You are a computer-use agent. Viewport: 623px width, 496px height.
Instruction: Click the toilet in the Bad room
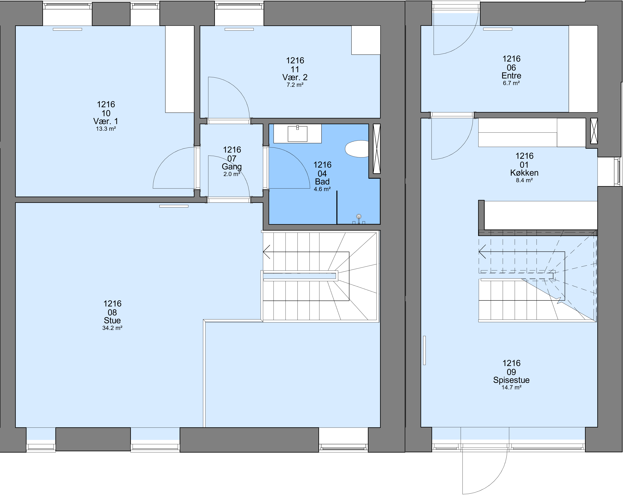tap(357, 149)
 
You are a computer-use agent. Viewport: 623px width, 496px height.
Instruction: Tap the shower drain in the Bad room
tap(359, 216)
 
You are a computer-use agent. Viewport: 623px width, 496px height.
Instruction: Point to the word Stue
tap(112, 321)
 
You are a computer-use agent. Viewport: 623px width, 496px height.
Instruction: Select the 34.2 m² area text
tap(112, 328)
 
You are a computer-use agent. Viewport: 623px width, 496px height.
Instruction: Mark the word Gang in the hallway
tap(232, 167)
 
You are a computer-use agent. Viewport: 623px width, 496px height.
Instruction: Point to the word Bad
tap(322, 182)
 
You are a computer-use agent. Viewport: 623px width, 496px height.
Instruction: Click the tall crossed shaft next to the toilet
tap(377, 149)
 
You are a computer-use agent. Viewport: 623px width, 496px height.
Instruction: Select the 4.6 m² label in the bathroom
tap(322, 189)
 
